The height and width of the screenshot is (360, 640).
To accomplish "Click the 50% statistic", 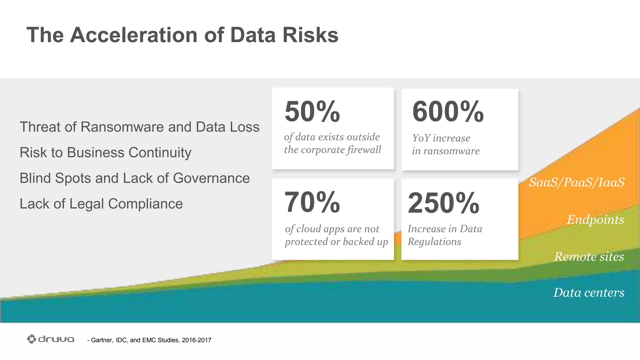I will tap(312, 112).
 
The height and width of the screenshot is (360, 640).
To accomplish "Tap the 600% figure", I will tap(447, 112).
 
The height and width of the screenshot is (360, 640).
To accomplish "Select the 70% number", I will tap(312, 202).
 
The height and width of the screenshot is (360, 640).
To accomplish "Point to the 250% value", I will tap(443, 203).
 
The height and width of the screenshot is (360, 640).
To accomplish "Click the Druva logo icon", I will tap(32, 339).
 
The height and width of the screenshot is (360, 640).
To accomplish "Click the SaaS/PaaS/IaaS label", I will tap(577, 182).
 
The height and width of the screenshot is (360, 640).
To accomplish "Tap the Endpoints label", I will tap(595, 220).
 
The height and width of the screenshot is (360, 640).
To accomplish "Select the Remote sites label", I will tap(589, 257).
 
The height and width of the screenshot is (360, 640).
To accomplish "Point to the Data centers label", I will tap(589, 292).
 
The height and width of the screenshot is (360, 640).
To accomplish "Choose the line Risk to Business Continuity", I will tap(105, 153).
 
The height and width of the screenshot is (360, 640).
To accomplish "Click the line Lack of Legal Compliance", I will tap(101, 204).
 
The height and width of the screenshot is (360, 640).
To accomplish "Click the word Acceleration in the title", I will tap(134, 35).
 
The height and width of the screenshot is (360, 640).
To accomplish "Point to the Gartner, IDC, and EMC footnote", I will tap(149, 340).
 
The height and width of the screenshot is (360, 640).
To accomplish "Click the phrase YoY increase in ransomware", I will tap(445, 144).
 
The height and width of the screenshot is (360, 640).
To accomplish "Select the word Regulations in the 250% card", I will tap(434, 242).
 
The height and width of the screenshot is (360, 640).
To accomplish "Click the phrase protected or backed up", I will tap(336, 242).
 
